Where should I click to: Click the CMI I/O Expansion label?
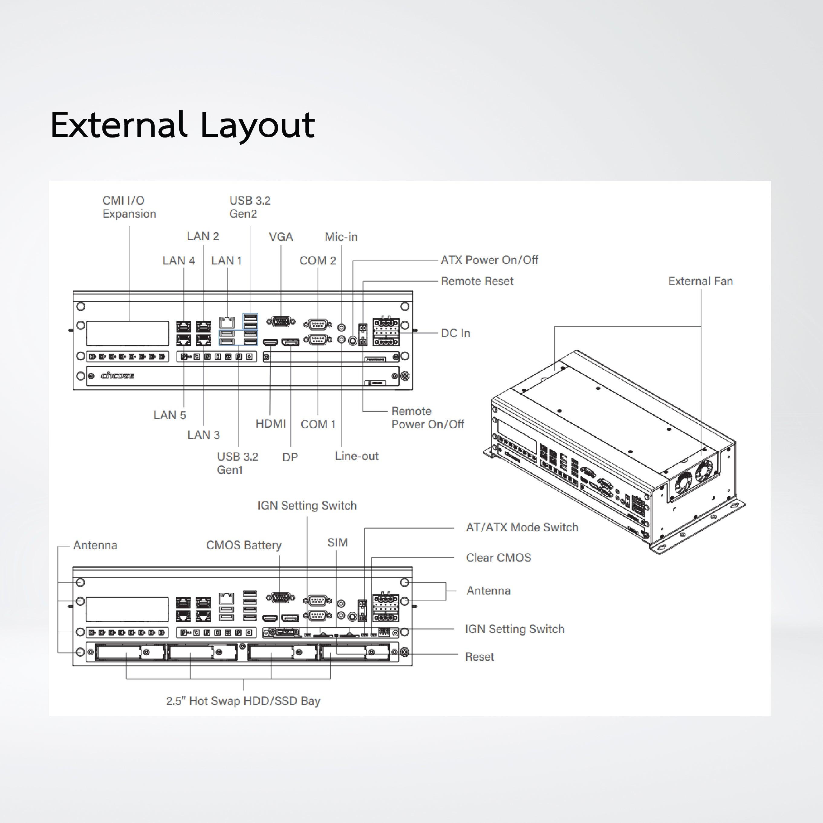(129, 207)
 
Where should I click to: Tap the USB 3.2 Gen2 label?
(250, 207)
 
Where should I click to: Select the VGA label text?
(281, 237)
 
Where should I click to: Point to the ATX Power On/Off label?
(489, 260)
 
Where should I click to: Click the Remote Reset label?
(477, 281)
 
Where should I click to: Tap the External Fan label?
(700, 281)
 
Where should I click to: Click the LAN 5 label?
(170, 415)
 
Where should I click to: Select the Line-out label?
(356, 456)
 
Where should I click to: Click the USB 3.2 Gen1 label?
(237, 463)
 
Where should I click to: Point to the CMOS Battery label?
(244, 545)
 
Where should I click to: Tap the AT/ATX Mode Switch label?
(522, 527)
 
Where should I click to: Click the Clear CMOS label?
(498, 558)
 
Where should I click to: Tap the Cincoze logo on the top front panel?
(118, 376)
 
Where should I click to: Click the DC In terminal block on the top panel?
(386, 332)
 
